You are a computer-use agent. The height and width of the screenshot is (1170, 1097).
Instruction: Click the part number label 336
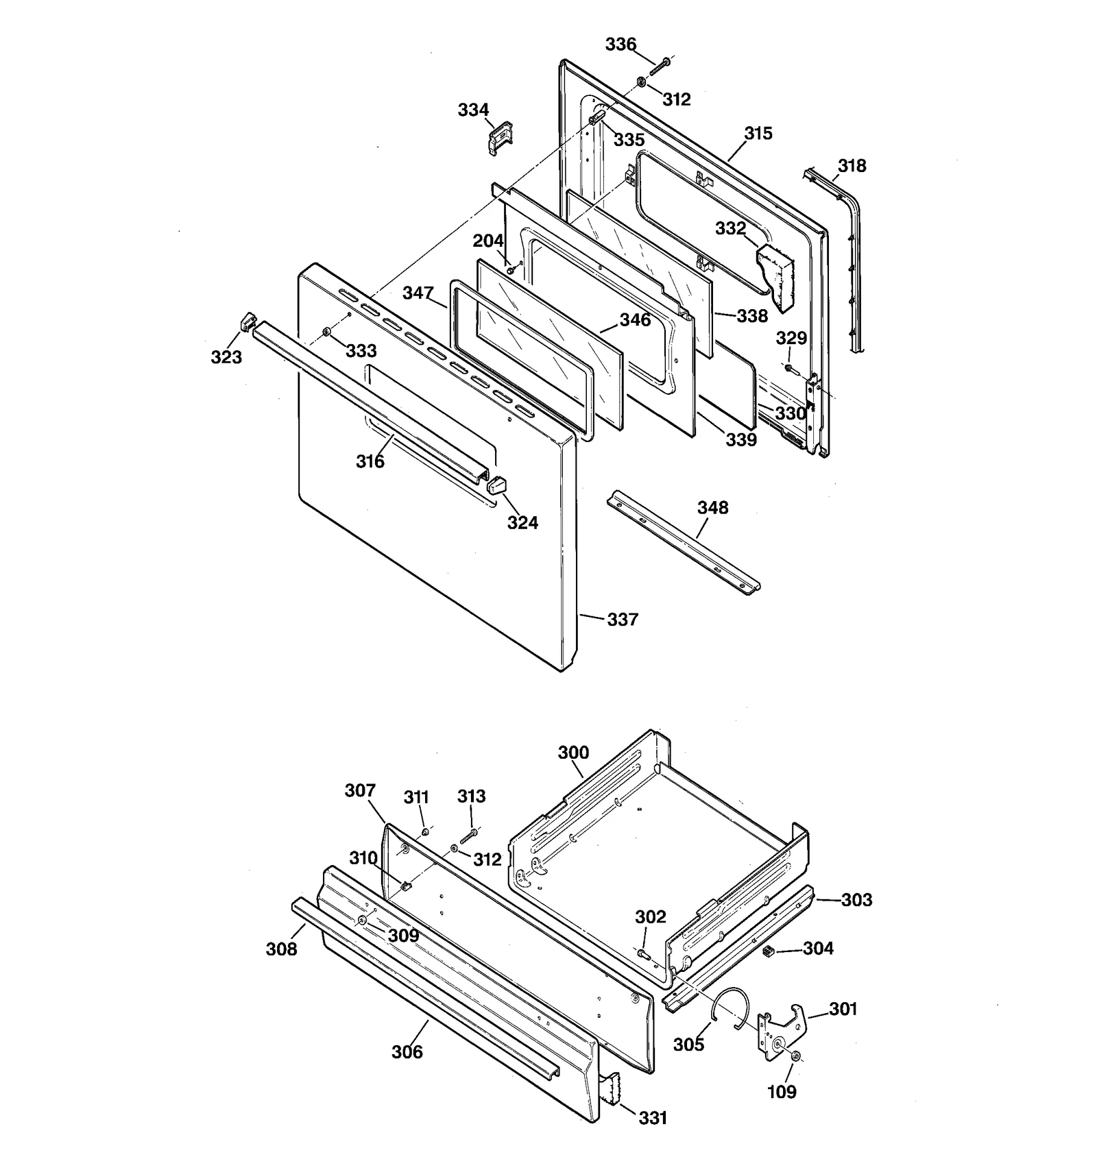tap(620, 45)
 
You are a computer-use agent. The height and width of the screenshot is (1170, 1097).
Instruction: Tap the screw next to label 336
tap(659, 66)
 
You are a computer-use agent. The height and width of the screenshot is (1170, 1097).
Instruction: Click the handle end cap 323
tap(248, 320)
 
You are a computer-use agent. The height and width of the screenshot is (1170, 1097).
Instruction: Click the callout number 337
tap(622, 620)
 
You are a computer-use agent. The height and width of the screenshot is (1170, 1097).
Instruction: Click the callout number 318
tap(852, 166)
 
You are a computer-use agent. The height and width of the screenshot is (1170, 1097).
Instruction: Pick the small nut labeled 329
tap(788, 369)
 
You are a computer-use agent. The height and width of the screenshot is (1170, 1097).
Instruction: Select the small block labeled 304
tap(768, 951)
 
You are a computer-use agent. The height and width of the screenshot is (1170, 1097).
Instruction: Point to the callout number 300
tap(573, 753)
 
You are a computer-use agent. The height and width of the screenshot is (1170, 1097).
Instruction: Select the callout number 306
tap(407, 1051)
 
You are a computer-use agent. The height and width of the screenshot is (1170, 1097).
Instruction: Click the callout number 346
tap(635, 320)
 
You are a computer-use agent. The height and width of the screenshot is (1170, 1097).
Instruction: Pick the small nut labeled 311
tap(425, 831)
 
